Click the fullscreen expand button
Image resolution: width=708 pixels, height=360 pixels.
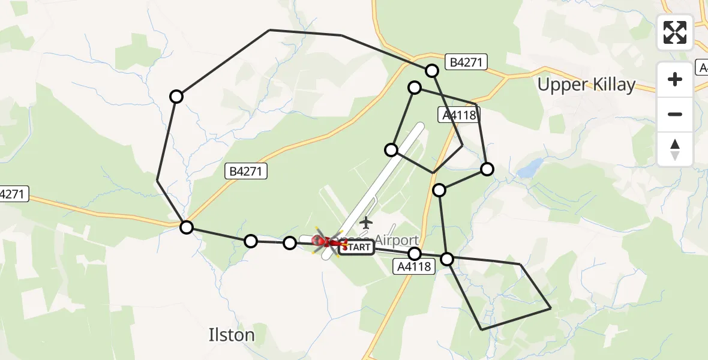tap(675, 32)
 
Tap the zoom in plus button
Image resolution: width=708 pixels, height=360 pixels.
tap(675, 79)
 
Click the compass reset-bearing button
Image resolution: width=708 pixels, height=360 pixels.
tap(675, 149)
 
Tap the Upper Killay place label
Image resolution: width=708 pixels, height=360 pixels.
tap(586, 85)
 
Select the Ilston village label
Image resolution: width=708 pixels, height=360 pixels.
tap(232, 334)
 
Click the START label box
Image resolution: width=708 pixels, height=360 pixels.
tap(359, 247)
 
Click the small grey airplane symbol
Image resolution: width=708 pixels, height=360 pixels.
tap(365, 223)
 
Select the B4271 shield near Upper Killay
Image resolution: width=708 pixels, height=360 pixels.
tap(466, 62)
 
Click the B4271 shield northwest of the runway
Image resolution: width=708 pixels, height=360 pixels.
tap(246, 172)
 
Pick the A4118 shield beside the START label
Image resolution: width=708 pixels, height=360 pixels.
tap(414, 266)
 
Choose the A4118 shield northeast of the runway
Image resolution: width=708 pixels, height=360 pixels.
tap(460, 115)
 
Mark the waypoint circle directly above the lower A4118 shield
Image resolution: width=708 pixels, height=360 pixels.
tap(415, 254)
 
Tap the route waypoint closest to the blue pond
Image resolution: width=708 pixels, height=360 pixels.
tap(487, 170)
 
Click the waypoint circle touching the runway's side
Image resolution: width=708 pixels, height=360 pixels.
tap(391, 149)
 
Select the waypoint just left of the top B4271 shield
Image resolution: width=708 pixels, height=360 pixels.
tap(432, 71)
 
